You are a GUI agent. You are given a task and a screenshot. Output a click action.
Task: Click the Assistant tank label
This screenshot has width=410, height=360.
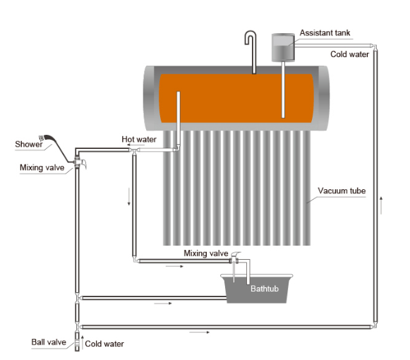tap(325, 33)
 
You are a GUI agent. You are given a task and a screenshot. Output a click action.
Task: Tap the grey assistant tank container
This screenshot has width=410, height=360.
tap(283, 47)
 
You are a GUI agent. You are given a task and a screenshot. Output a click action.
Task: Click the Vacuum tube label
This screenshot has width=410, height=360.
tap(342, 191)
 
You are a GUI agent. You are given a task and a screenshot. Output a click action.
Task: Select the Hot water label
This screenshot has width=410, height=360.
tap(139, 139)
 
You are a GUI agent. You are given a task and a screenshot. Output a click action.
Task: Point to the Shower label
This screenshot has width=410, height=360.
tap(29, 144)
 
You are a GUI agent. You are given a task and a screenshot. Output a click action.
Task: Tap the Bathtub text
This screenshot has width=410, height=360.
tap(265, 289)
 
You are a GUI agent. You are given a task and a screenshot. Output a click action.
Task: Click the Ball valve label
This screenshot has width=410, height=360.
tap(49, 342)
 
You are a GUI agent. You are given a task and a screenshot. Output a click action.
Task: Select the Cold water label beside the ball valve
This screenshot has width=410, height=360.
tap(104, 344)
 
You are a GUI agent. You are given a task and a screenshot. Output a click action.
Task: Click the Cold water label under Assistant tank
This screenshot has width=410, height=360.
tap(349, 54)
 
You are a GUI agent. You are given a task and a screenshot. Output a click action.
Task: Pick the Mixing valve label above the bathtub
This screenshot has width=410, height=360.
tap(206, 253)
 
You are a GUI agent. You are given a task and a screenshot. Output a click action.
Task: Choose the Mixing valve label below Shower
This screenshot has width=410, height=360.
tap(42, 167)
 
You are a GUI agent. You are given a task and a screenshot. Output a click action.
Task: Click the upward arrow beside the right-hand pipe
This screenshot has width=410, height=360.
tap(381, 205)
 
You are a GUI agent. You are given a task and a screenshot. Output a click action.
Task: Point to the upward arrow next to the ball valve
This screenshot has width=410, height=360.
tap(83, 342)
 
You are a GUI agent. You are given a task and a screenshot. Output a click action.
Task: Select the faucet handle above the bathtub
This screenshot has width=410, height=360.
tap(236, 254)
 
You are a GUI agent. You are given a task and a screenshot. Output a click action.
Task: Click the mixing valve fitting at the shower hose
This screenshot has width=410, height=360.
tap(78, 162)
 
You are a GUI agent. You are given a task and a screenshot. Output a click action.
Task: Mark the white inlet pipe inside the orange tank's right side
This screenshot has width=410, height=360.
tap(283, 90)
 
